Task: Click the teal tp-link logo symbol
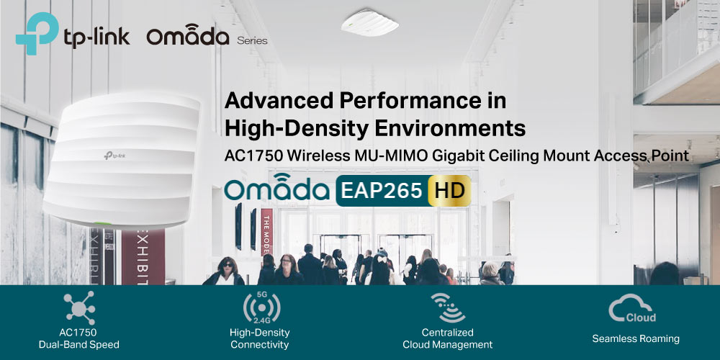coord(37,33)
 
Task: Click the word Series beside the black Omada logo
coord(252,41)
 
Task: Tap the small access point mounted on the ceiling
coord(369,22)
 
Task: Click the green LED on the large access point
coord(103,224)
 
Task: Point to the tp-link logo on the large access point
coord(114,156)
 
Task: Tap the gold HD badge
coord(449,191)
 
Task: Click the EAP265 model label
coord(382,191)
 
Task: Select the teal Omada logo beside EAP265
coord(277,187)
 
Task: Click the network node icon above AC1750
coord(79,307)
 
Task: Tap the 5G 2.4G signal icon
coord(262,307)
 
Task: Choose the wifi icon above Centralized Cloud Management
coord(448,307)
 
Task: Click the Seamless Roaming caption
coord(636,339)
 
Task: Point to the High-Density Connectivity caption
coord(260,338)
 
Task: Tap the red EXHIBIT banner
coord(143,257)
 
